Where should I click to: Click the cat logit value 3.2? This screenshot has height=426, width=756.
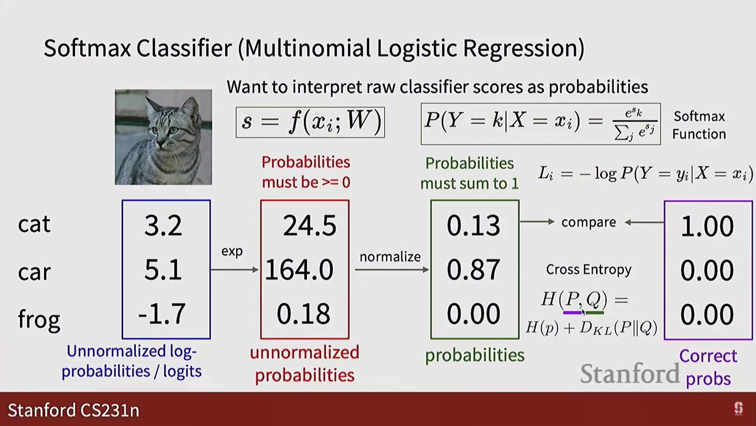163,226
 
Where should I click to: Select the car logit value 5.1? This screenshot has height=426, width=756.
163,270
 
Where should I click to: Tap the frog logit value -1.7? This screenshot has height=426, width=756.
162,314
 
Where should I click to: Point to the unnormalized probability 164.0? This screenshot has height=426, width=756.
299,270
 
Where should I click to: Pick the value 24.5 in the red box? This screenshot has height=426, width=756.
310,226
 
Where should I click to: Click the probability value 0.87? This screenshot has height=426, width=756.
473,270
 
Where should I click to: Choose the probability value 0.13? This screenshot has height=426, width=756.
473,226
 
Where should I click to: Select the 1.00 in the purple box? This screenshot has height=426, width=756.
708,226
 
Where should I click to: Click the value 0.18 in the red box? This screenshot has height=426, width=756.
304,314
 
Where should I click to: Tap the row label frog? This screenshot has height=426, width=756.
39,319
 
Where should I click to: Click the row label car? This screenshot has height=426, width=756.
34,272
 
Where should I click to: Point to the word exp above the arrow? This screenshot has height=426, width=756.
232,252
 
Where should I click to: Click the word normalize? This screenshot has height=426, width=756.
390,257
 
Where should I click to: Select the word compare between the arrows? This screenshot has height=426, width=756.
589,222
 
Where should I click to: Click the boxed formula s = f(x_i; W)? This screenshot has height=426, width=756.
310,122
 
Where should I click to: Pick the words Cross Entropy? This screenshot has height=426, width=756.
589,269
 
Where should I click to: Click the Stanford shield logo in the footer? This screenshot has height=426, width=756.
738,409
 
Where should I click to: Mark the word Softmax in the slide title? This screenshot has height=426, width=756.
87,48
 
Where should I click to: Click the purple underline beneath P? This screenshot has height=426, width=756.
573,313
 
